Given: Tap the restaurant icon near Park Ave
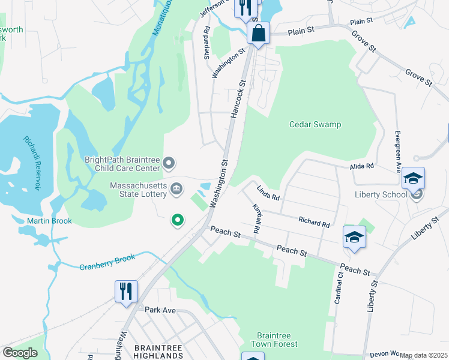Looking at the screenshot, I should click(x=126, y=292).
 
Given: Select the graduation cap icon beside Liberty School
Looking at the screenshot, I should click(x=413, y=178).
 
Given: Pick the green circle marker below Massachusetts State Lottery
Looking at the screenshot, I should click(x=177, y=221).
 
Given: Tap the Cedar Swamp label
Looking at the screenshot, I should click(x=315, y=125).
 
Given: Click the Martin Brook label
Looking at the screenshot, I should click(x=49, y=221).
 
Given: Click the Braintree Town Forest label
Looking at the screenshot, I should click(x=277, y=340).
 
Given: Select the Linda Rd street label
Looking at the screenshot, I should click(x=268, y=193).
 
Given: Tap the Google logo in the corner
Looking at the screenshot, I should click(x=20, y=353).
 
